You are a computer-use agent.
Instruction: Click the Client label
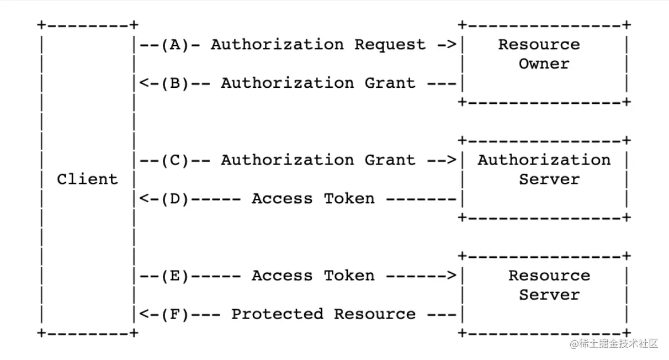pyautogui.click(x=87, y=179)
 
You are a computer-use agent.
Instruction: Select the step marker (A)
pyautogui.click(x=175, y=45)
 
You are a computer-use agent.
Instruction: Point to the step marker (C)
pyautogui.click(x=175, y=160)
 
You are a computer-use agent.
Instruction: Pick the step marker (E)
pyautogui.click(x=175, y=276)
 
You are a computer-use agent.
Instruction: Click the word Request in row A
pyautogui.click(x=390, y=45)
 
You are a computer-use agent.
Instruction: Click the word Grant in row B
pyautogui.click(x=390, y=83)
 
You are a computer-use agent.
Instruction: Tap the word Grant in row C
pyautogui.click(x=390, y=160)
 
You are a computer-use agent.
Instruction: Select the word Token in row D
pyautogui.click(x=349, y=199)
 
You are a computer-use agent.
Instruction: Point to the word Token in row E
pyautogui.click(x=349, y=276)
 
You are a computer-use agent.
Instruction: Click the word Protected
pyautogui.click(x=277, y=314)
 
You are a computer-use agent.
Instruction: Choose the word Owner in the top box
pyautogui.click(x=544, y=64)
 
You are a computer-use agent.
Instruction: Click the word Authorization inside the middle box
pyautogui.click(x=544, y=160)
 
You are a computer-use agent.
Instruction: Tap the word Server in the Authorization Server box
pyautogui.click(x=549, y=179)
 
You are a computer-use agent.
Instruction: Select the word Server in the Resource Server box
pyautogui.click(x=549, y=295)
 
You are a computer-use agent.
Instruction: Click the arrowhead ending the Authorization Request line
pyautogui.click(x=452, y=45)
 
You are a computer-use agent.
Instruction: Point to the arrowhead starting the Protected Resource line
pyautogui.click(x=142, y=314)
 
